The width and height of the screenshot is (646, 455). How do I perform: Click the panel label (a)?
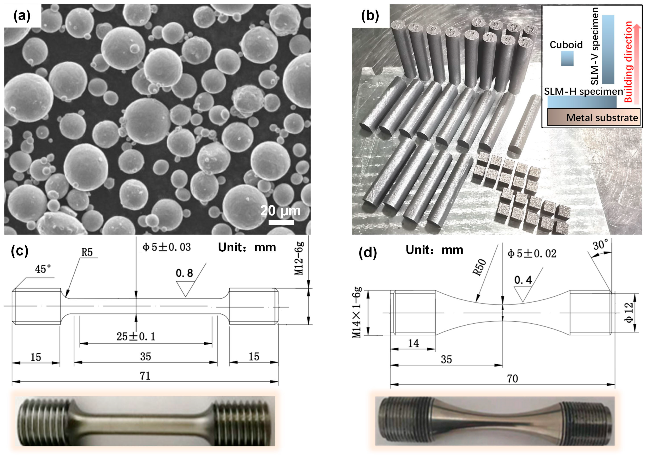[22, 16]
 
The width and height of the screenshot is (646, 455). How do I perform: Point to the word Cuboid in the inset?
[566, 45]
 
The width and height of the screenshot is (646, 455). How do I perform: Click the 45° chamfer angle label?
[43, 269]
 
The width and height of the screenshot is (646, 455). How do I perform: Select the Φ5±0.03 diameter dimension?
[167, 247]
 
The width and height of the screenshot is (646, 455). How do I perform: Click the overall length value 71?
[145, 376]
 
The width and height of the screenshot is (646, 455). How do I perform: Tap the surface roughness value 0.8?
[184, 273]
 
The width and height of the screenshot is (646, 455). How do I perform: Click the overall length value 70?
[512, 379]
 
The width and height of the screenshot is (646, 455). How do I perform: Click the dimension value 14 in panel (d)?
[413, 343]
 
